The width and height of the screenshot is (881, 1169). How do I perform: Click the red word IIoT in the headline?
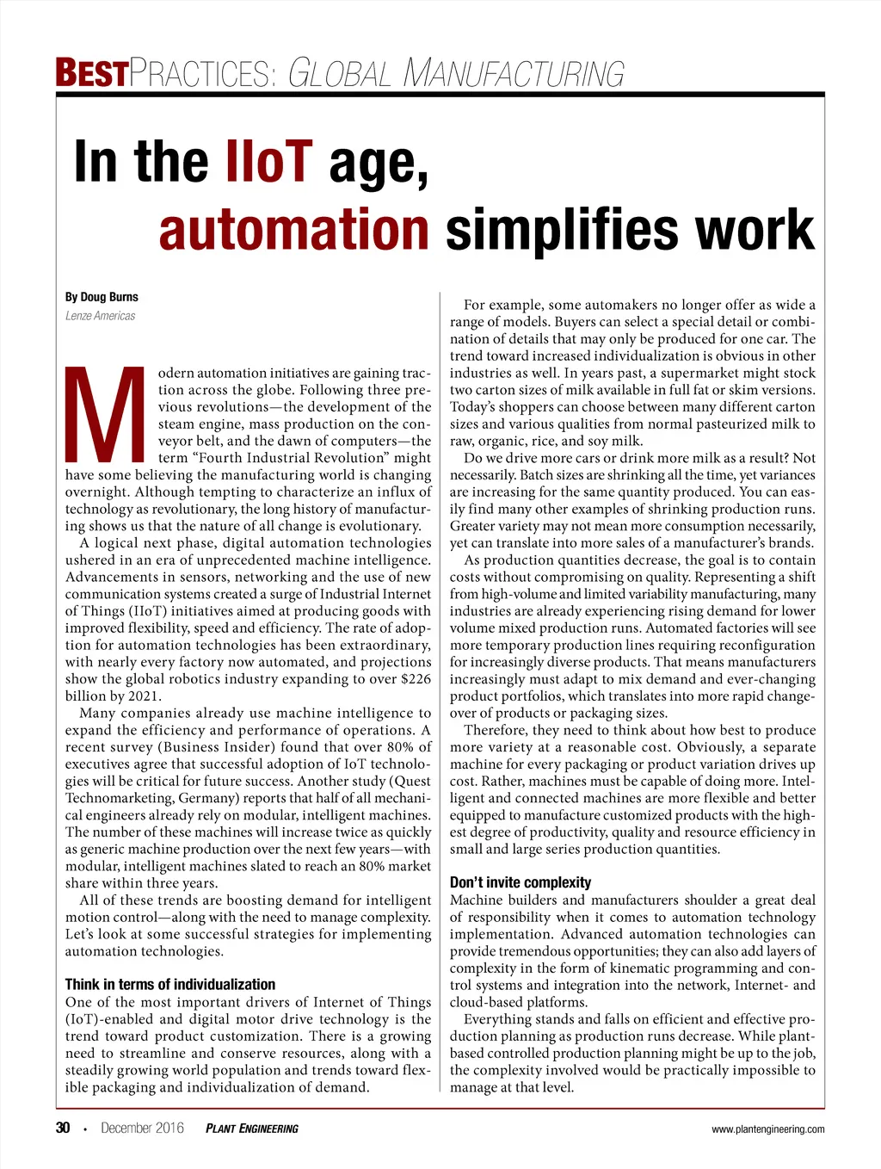click(x=268, y=161)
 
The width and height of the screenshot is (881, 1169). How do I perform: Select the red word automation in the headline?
click(x=293, y=230)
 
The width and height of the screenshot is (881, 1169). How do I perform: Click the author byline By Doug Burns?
click(x=102, y=297)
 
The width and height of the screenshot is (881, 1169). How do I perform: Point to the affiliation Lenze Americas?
click(x=101, y=316)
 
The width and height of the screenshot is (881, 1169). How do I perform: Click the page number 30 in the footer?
click(x=63, y=1128)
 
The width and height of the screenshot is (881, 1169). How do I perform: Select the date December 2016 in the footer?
click(x=142, y=1128)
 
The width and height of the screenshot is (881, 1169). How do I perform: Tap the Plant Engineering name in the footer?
click(x=252, y=1129)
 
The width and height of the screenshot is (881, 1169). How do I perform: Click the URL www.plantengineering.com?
click(x=768, y=1129)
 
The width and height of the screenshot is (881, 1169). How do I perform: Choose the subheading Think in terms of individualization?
click(x=170, y=984)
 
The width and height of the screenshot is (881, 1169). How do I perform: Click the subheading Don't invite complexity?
click(x=521, y=882)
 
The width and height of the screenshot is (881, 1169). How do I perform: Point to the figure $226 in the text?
click(x=416, y=679)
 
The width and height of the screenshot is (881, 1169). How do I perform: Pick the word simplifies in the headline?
click(x=564, y=230)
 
